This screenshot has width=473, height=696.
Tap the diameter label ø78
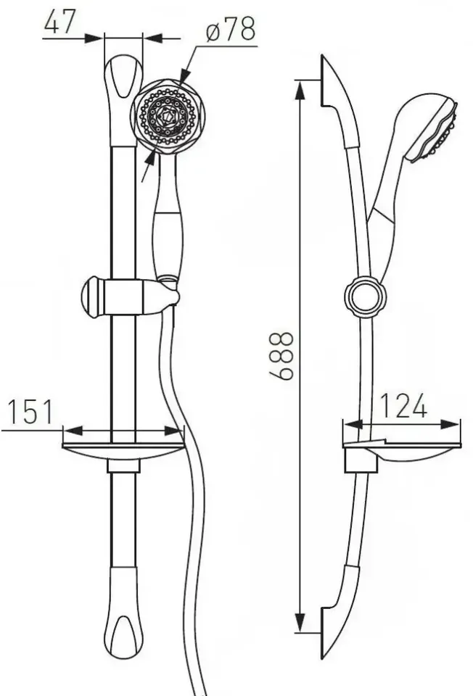tap(231, 29)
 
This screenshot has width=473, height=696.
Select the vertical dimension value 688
tap(281, 355)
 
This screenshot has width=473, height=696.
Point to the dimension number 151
tap(30, 412)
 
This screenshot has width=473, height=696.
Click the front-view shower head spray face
tap(168, 116)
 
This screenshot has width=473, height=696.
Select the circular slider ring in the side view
tap(365, 297)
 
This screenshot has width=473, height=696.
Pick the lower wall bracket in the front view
tap(123, 613)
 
